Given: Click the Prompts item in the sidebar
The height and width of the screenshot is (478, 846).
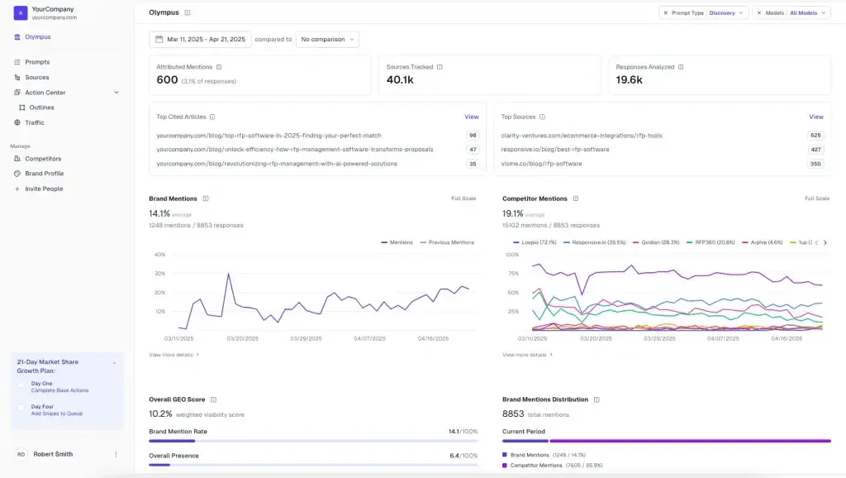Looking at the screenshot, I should [x=37, y=62].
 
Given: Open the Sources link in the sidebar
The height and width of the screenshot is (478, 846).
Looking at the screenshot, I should [x=37, y=77].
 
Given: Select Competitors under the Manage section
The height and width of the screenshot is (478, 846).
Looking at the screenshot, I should [x=43, y=158].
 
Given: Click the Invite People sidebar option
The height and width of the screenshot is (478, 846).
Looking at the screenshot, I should [x=43, y=189].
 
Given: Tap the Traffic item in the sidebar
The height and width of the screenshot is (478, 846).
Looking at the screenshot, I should [x=35, y=122].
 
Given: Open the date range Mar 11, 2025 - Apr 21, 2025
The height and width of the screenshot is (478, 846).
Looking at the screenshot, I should [x=200, y=39].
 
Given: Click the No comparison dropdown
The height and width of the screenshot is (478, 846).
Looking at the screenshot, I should [x=328, y=39].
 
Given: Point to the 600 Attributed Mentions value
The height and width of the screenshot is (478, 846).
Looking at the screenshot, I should [x=168, y=80].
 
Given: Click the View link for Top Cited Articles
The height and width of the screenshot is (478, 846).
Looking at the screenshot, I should [x=471, y=117].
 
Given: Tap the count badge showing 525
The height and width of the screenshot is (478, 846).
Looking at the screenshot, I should [x=815, y=135].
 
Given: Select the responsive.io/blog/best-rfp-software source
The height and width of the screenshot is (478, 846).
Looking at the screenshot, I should [x=555, y=150].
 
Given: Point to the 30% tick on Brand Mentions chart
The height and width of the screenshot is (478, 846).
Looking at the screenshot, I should [x=160, y=273].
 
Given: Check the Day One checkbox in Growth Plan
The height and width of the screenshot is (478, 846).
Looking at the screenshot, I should [x=21, y=384].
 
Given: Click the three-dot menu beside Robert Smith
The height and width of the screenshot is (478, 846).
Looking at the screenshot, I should [x=116, y=454].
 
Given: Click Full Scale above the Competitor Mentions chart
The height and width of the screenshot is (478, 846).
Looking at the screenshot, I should [x=817, y=198].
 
